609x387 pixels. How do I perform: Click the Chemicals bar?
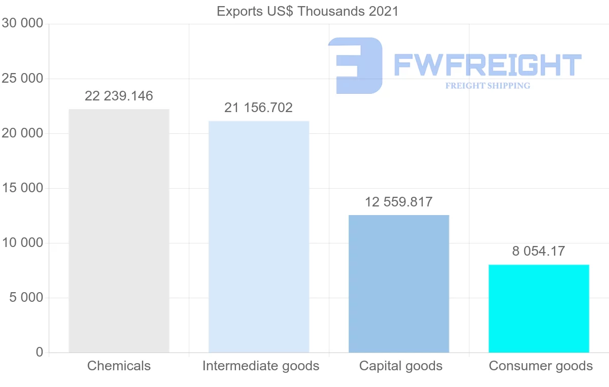click(119, 231)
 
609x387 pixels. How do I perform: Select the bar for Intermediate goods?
click(259, 236)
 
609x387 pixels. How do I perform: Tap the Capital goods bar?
click(399, 284)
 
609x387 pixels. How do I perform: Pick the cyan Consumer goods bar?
click(538, 308)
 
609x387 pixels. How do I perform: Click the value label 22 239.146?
click(119, 96)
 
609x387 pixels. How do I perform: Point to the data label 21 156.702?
click(259, 108)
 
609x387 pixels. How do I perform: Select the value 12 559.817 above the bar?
click(399, 202)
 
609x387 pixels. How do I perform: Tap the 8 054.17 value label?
click(538, 251)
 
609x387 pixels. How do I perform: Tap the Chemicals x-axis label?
click(119, 366)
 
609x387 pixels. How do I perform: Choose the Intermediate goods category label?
click(261, 366)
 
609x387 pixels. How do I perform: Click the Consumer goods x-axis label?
click(540, 366)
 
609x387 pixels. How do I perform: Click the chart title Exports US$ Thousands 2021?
click(308, 11)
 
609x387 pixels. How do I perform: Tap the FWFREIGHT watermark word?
click(487, 65)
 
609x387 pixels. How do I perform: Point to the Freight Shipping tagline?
click(488, 86)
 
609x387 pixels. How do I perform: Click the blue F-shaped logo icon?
click(355, 65)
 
